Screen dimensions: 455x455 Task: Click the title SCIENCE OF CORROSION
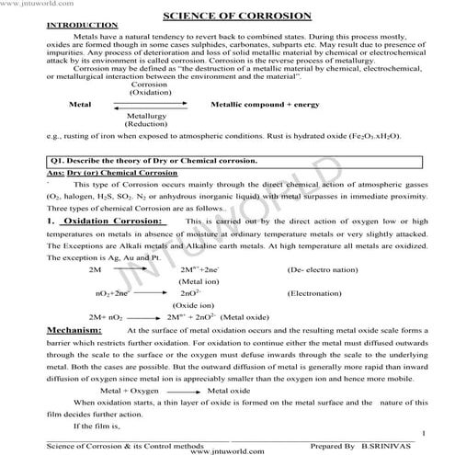[229, 16]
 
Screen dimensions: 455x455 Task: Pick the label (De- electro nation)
[322, 270]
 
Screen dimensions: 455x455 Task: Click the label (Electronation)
[315, 293]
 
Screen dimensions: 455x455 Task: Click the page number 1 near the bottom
[422, 432]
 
